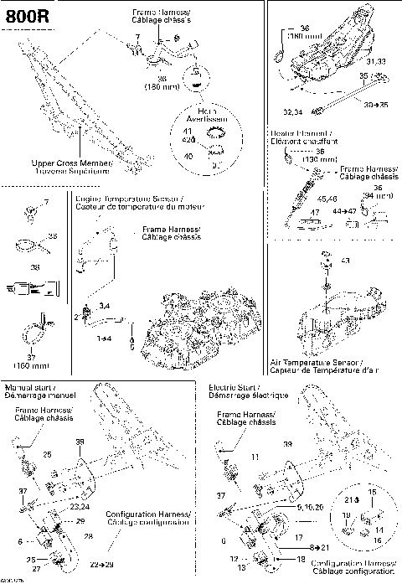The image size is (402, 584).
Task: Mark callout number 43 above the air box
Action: tap(345, 262)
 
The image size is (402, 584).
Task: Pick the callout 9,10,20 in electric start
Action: tap(310, 508)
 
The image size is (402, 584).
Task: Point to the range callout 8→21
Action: tap(310, 545)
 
